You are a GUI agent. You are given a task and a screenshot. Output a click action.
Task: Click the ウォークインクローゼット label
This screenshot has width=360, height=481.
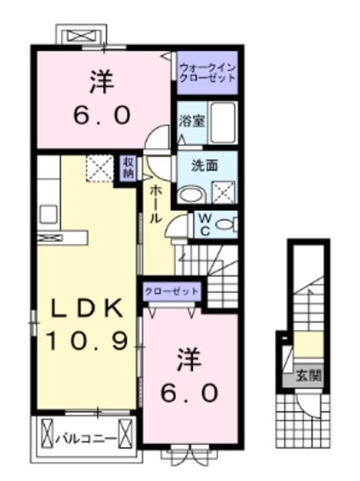pos(207,73)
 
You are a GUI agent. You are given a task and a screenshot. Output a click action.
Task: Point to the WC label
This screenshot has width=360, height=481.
pos(203,224)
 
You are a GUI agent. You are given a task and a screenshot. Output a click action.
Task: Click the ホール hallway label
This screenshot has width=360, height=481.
pos(156,203)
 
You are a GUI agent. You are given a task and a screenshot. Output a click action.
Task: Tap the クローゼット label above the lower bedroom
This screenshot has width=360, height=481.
pos(171,290)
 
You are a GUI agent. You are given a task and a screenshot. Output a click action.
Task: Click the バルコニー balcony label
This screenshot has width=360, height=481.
pos(89,435)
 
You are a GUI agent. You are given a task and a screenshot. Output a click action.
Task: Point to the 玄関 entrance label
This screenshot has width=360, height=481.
pos(308,374)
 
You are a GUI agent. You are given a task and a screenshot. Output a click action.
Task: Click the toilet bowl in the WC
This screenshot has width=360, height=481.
pos(230,223)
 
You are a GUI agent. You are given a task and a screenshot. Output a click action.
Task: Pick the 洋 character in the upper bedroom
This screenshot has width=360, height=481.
pos(104,81)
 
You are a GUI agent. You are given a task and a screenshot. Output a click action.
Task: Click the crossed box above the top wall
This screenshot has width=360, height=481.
pos(80,35)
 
